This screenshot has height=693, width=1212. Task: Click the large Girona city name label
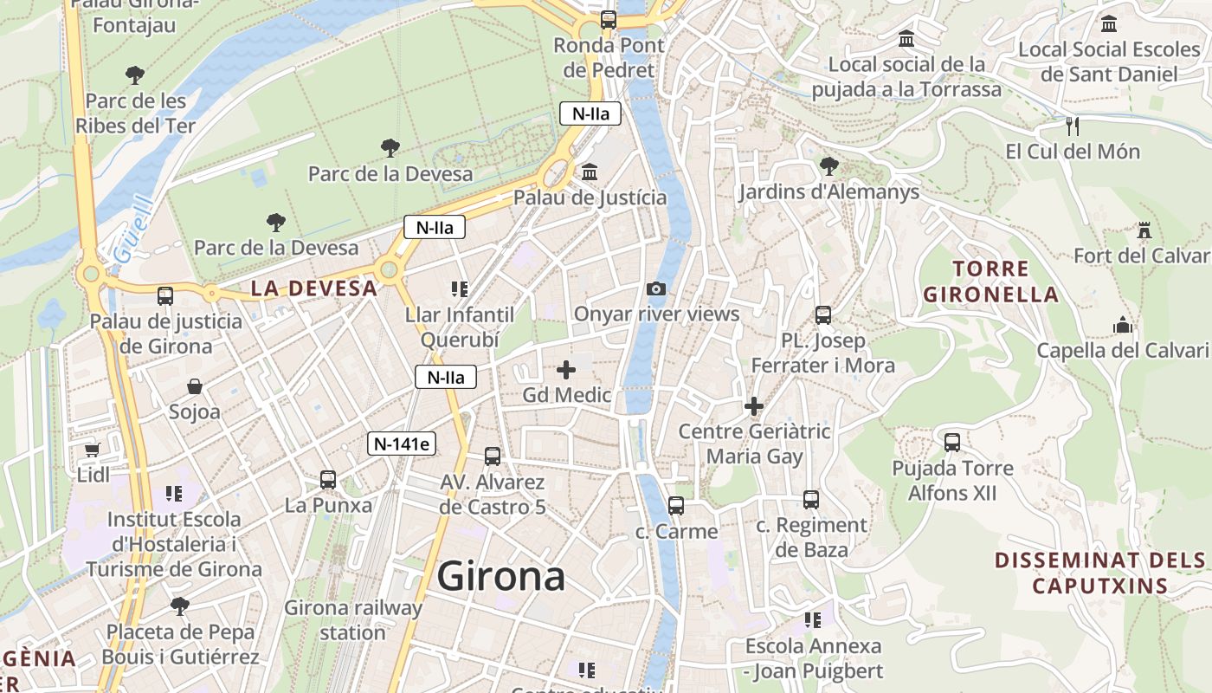[501, 576]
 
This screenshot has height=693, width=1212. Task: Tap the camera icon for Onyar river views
[656, 288]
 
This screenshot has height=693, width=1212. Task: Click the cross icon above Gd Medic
[566, 370]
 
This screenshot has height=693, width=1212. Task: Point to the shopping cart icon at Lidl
[93, 450]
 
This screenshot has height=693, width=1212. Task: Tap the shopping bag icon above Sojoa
[194, 386]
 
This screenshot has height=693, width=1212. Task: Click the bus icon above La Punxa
[328, 479]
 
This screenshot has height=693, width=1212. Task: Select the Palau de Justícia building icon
[590, 172]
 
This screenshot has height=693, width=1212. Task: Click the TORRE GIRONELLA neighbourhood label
[991, 282]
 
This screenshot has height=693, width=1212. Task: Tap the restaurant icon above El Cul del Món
[1073, 126]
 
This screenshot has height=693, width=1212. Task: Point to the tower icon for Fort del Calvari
[1144, 230]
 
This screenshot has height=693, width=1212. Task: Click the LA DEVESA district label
[314, 288]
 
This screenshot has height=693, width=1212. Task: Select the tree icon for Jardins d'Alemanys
[828, 165]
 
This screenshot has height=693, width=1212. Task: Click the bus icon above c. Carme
[676, 505]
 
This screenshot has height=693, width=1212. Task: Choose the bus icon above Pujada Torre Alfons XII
[952, 443]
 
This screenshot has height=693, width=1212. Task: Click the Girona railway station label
[353, 619]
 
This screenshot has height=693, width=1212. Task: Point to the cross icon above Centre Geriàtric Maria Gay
[754, 405]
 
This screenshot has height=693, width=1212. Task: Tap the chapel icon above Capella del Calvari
[1123, 326]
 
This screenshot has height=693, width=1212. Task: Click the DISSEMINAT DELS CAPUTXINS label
[1100, 573]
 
